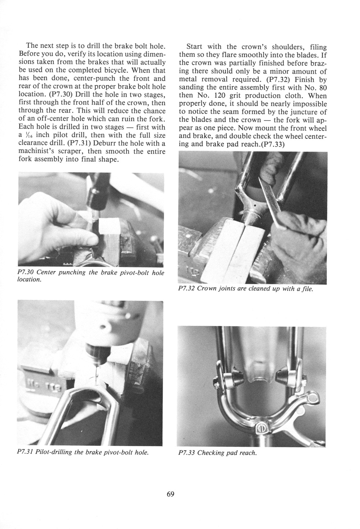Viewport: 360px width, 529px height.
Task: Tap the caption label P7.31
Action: (26, 452)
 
